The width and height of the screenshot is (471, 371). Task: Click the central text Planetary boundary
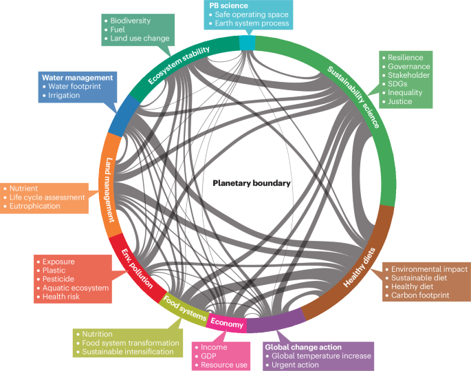[251, 184]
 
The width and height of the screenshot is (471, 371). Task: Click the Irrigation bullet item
[64, 96]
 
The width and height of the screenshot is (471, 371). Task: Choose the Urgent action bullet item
[298, 365]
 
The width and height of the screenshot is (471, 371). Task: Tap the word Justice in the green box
[400, 101]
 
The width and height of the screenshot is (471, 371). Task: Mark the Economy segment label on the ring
[226, 323]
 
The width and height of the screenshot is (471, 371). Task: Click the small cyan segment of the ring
[247, 43]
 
